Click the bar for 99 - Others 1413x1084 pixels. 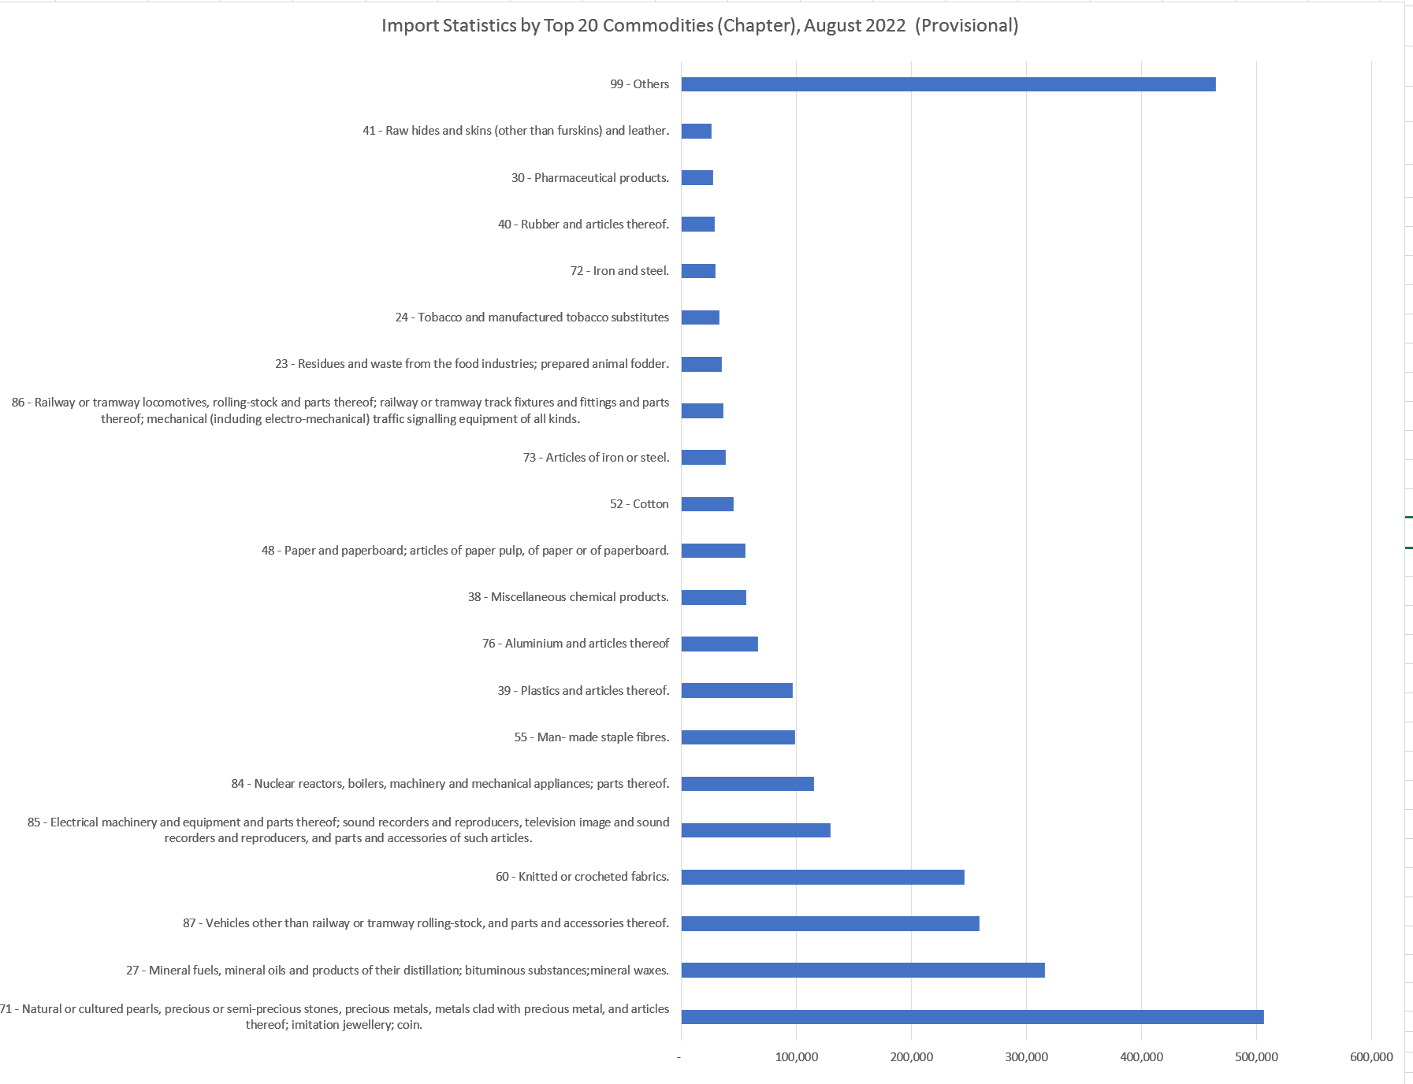(948, 84)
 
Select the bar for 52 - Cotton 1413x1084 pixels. (707, 504)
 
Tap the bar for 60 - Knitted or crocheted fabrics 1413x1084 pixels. (823, 877)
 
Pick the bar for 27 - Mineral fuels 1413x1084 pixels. (863, 971)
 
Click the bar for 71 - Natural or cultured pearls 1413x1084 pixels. (972, 1017)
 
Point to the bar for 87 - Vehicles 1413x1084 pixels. (830, 923)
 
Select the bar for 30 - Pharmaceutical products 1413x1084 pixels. (697, 178)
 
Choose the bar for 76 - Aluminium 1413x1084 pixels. (720, 644)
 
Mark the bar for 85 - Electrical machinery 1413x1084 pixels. (756, 830)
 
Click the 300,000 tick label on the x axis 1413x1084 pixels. (1026, 1057)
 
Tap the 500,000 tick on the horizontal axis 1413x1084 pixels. (1256, 1057)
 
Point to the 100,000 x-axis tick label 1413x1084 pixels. (796, 1057)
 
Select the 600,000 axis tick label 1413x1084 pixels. (1371, 1057)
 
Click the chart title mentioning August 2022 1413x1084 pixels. (700, 25)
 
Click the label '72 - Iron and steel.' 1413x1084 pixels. (619, 271)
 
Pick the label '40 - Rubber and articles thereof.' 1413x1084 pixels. (583, 225)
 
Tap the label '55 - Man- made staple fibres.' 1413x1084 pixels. (591, 737)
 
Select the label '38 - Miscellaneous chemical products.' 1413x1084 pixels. (568, 597)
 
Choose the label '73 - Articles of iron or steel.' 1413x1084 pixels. (596, 458)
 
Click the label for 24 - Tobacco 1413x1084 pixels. (532, 317)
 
